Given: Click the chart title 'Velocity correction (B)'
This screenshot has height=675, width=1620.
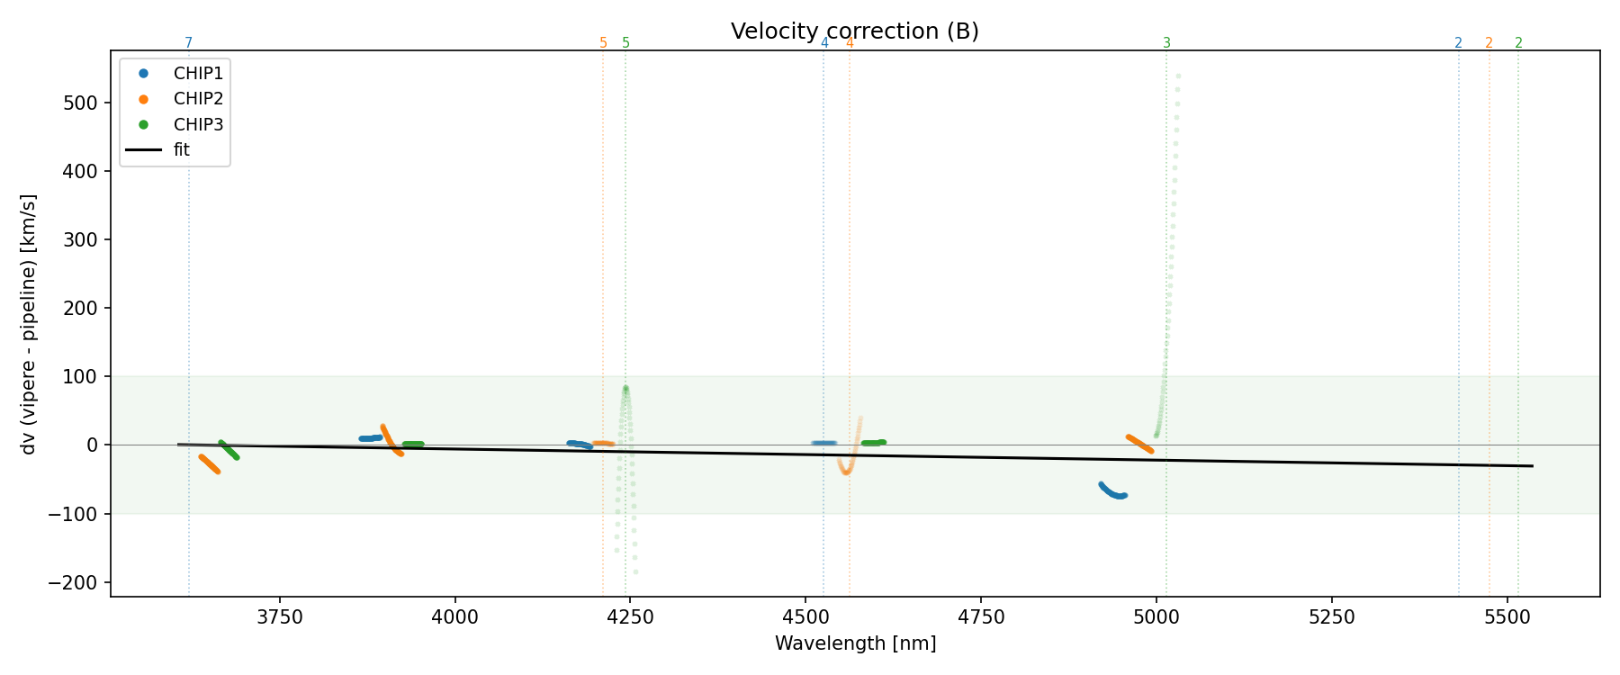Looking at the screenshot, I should pyautogui.click(x=854, y=31).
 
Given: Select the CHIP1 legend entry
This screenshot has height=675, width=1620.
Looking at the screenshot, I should pyautogui.click(x=198, y=74).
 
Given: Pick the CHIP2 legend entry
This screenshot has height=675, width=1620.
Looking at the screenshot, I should pyautogui.click(x=198, y=99).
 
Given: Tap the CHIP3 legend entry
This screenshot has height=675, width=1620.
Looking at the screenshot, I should pyautogui.click(x=198, y=124).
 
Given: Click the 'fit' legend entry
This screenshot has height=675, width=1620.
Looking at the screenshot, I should pyautogui.click(x=182, y=150).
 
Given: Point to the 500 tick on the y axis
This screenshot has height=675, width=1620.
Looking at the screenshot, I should pyautogui.click(x=80, y=103).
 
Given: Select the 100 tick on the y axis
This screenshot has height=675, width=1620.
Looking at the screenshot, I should pyautogui.click(x=80, y=376).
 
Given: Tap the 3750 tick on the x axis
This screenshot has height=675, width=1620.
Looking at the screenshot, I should pyautogui.click(x=280, y=616).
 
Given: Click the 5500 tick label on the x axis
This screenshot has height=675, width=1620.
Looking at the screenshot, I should pyautogui.click(x=1507, y=616).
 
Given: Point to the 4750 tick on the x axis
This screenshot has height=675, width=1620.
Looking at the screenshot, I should pyautogui.click(x=981, y=616).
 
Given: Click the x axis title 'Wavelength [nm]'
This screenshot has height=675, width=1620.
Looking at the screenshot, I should pyautogui.click(x=855, y=643).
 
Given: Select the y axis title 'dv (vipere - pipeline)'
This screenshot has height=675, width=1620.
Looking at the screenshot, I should pyautogui.click(x=29, y=324).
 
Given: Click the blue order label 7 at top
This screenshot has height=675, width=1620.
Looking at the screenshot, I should pyautogui.click(x=189, y=43).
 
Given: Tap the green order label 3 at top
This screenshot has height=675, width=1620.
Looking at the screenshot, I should pyautogui.click(x=1166, y=43).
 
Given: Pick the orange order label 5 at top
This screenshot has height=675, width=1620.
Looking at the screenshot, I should pyautogui.click(x=603, y=43).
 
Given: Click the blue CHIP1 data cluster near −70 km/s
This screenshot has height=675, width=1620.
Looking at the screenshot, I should pyautogui.click(x=1113, y=491).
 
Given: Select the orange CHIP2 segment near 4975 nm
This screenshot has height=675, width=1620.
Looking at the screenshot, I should pyautogui.click(x=1139, y=443).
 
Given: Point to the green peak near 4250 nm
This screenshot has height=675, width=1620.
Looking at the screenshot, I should pyautogui.click(x=625, y=389).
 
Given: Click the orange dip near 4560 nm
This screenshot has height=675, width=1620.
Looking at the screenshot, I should pyautogui.click(x=846, y=471).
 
